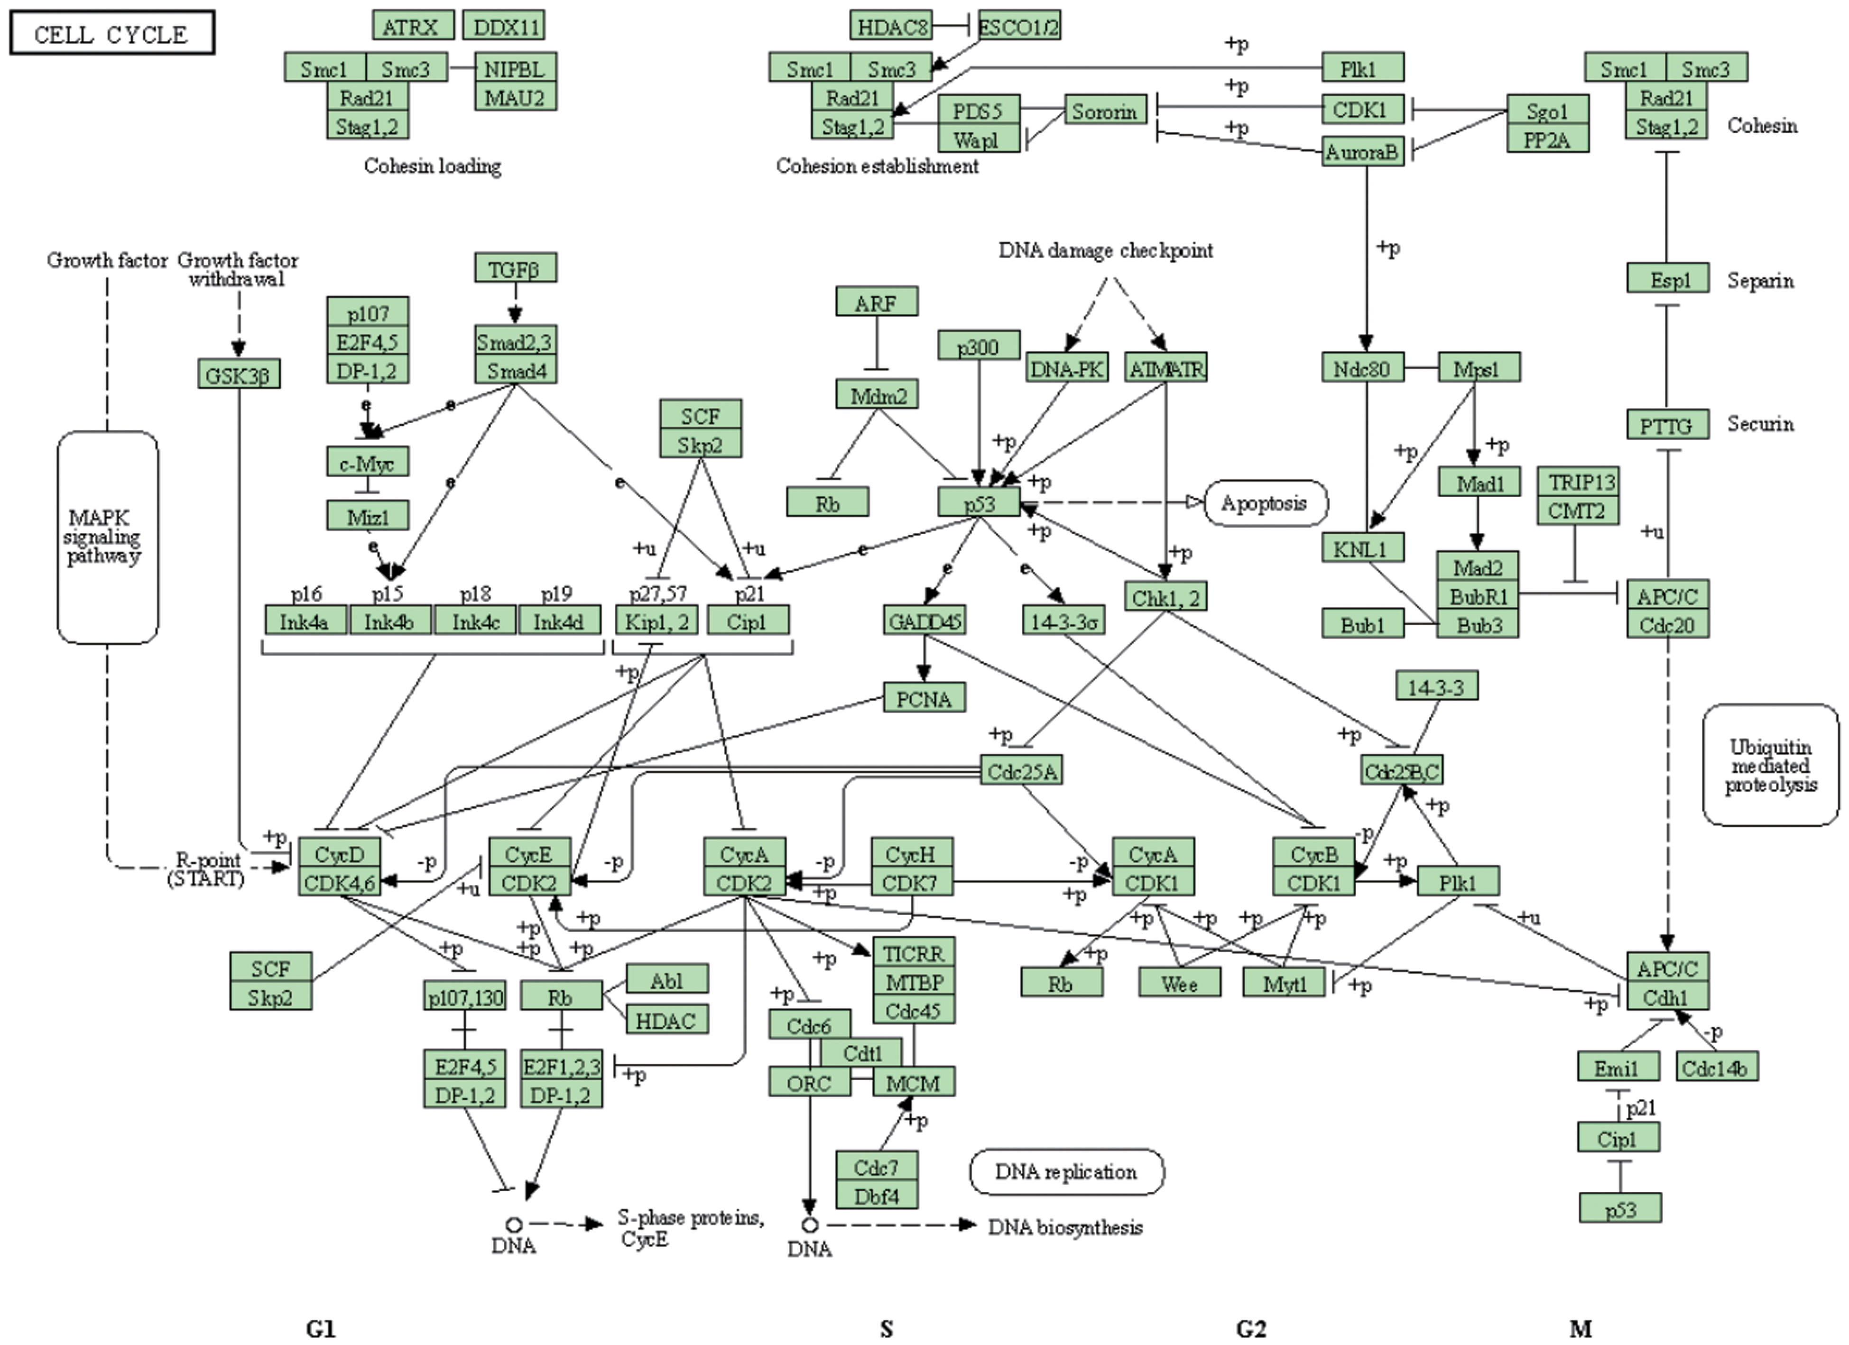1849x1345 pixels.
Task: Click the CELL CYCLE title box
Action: (x=111, y=33)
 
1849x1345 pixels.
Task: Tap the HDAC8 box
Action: (x=891, y=26)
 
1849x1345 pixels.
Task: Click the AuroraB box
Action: (x=1362, y=152)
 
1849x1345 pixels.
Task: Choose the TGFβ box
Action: (x=515, y=268)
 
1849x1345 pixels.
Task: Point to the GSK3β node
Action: (x=238, y=375)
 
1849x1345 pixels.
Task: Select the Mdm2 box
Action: (x=877, y=395)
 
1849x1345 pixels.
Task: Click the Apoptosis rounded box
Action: (x=1265, y=503)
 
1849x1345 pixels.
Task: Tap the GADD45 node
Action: (x=924, y=621)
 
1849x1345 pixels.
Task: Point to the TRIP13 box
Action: (x=1578, y=482)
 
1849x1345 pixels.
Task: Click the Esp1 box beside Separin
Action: (x=1667, y=279)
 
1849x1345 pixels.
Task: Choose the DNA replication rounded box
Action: (x=1066, y=1171)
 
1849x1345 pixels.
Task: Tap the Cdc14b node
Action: (x=1717, y=1067)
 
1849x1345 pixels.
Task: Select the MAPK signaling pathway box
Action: (x=107, y=537)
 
